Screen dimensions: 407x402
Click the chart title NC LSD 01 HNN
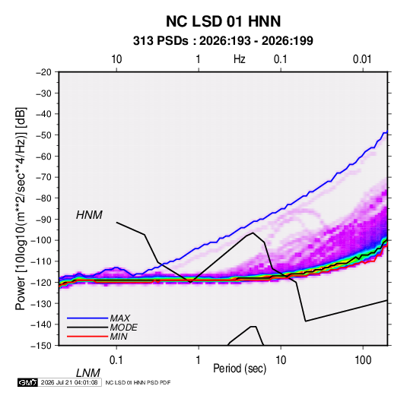point(223,21)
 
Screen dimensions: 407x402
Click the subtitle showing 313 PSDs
point(223,41)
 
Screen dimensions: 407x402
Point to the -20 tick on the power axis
point(43,72)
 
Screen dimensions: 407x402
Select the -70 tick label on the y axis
point(43,177)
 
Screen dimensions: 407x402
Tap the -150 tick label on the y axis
point(41,346)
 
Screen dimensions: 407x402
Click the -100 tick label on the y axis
point(41,240)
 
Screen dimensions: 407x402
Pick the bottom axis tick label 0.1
point(116,360)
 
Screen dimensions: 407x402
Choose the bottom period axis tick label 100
point(363,360)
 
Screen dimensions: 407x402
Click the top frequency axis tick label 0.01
point(362,59)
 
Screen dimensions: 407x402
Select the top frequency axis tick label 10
point(116,59)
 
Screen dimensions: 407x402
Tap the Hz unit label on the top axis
point(240,59)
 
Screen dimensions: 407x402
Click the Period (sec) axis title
point(240,369)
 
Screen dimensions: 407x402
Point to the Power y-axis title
point(21,208)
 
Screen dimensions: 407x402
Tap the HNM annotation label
point(89,215)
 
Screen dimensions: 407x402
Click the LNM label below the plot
point(87,373)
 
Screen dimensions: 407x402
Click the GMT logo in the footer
point(27,382)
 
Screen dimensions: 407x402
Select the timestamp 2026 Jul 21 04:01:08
point(69,382)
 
